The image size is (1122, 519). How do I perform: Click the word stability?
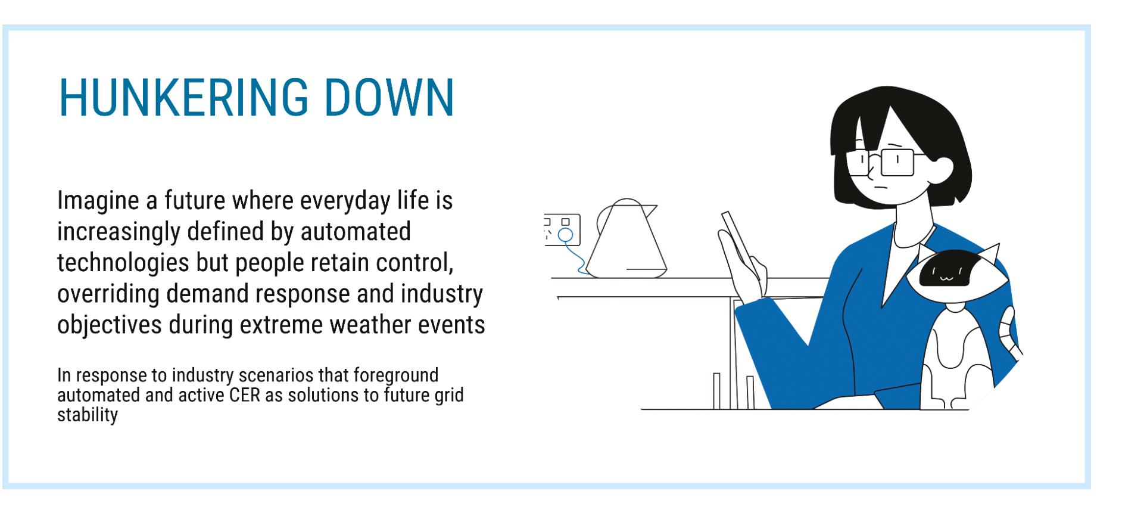88,415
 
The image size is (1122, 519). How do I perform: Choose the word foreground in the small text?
395,376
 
